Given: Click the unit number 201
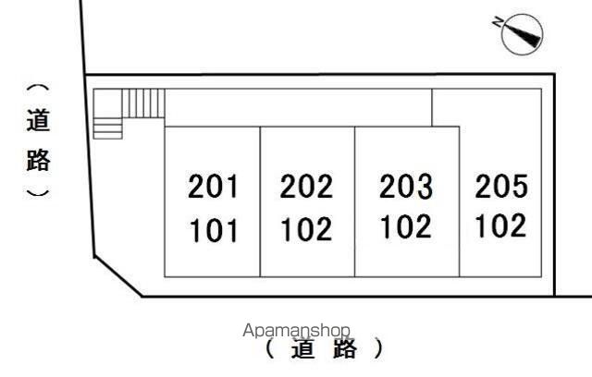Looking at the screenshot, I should (x=214, y=188).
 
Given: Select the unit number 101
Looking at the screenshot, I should (x=214, y=229).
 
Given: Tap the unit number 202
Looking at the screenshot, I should (x=306, y=188).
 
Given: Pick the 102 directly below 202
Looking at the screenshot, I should (x=306, y=229).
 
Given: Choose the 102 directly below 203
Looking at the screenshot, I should (x=406, y=226).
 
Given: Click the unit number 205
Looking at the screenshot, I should (x=501, y=187).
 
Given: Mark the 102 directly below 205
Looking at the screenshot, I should (x=501, y=225).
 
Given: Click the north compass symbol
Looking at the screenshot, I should (x=519, y=34).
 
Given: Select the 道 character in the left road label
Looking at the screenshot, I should (x=38, y=121).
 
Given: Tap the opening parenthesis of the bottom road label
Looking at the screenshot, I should (x=268, y=350).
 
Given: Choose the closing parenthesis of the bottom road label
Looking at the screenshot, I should (x=377, y=350).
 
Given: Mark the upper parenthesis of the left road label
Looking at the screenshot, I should (x=38, y=91).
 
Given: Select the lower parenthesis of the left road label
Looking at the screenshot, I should (x=38, y=192).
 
